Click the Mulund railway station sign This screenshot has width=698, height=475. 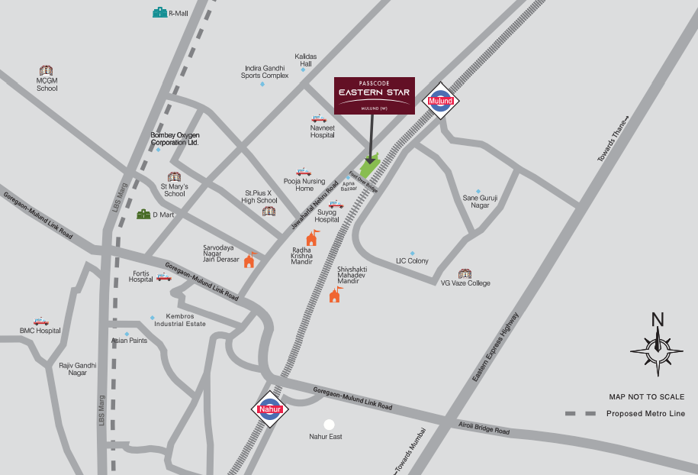[x=441, y=101]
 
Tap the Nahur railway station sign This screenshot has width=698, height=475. [x=270, y=410]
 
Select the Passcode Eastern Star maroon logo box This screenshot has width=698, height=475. [x=375, y=95]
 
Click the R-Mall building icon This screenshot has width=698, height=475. [x=159, y=13]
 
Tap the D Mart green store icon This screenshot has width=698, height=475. [x=143, y=215]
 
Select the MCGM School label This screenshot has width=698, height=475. [x=47, y=84]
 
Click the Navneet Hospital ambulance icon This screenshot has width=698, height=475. [x=318, y=118]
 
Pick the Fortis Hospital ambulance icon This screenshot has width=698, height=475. [x=164, y=276]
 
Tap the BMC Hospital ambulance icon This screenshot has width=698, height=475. [x=40, y=322]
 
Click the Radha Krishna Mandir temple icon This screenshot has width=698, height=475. [x=311, y=237]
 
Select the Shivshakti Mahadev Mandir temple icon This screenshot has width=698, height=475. [x=335, y=294]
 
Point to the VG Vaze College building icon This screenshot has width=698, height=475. [x=465, y=273]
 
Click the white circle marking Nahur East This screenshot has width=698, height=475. [x=329, y=424]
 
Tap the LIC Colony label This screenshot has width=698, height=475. [x=412, y=261]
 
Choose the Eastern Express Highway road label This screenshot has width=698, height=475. [x=496, y=347]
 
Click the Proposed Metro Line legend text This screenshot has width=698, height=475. [x=645, y=414]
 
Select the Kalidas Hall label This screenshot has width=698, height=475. [x=305, y=60]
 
